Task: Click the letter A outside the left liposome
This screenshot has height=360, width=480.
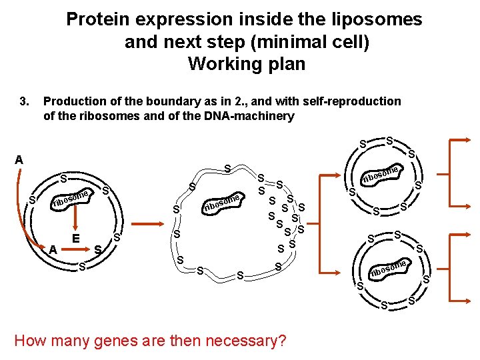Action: (19, 159)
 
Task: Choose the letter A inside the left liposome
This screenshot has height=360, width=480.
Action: (52, 249)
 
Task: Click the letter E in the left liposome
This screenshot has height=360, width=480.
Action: (76, 238)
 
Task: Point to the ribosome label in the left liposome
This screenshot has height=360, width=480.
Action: (72, 198)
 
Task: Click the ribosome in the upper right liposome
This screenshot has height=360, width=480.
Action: (381, 175)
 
